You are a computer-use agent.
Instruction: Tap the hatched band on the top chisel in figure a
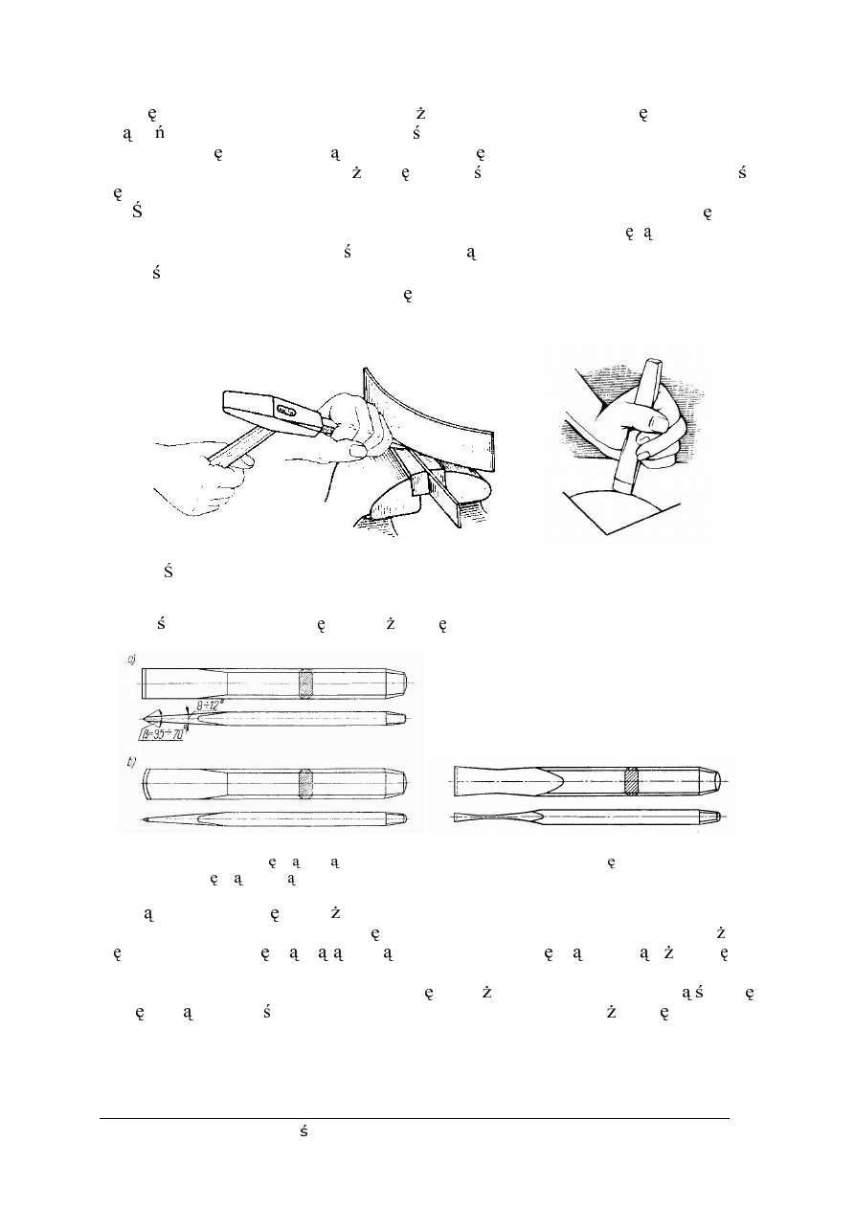pos(306,683)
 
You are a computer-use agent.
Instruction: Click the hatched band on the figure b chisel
pos(306,782)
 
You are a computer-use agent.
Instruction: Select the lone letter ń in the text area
pos(159,133)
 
